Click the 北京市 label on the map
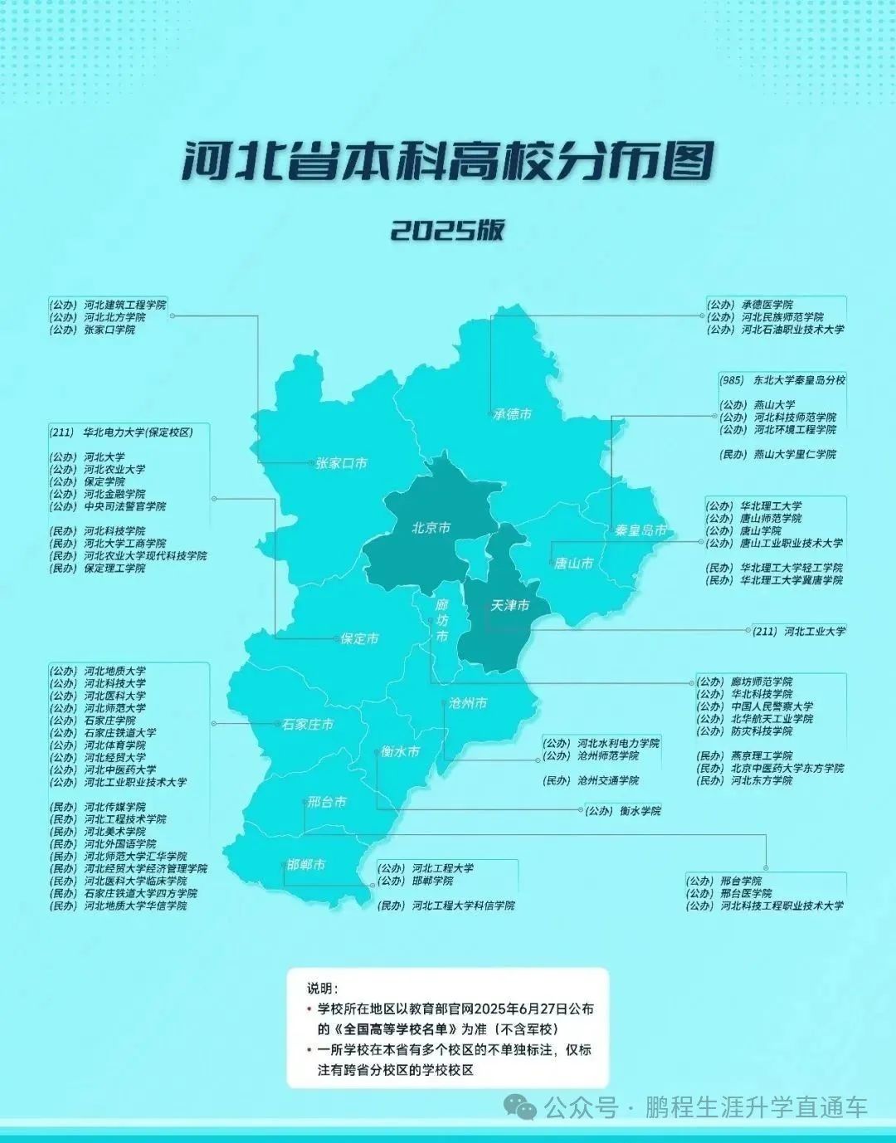(x=431, y=528)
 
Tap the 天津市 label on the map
(x=509, y=606)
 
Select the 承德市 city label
(x=512, y=413)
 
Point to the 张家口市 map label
(x=341, y=463)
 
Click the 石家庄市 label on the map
(x=307, y=725)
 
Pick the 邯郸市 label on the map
(x=306, y=865)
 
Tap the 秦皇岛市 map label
(x=640, y=530)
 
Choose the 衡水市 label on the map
(x=400, y=751)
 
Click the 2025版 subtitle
(x=447, y=230)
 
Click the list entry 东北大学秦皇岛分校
(x=798, y=380)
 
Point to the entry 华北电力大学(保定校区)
(x=138, y=432)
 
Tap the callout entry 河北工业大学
(x=814, y=631)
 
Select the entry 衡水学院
(x=640, y=811)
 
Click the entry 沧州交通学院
(x=608, y=781)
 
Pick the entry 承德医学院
(x=767, y=305)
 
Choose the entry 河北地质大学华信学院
(x=135, y=906)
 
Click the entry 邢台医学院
(x=745, y=893)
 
